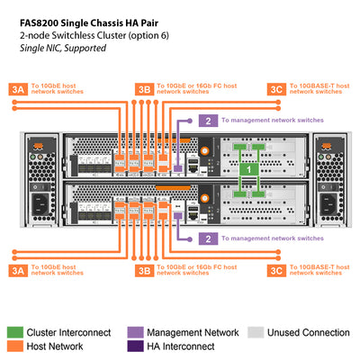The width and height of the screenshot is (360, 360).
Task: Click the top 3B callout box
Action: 143,88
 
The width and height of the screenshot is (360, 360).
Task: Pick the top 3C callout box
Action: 277,88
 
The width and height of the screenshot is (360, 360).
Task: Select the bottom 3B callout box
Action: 143,269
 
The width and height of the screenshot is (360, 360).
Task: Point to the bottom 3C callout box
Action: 277,269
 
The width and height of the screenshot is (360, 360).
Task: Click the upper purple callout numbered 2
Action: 208,120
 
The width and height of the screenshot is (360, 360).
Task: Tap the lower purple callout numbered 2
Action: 208,238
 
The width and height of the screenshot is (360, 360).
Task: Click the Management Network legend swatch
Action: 134,332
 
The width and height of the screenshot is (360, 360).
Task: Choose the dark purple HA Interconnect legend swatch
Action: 134,346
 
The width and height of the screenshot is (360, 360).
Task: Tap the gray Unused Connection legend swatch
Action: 255,332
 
